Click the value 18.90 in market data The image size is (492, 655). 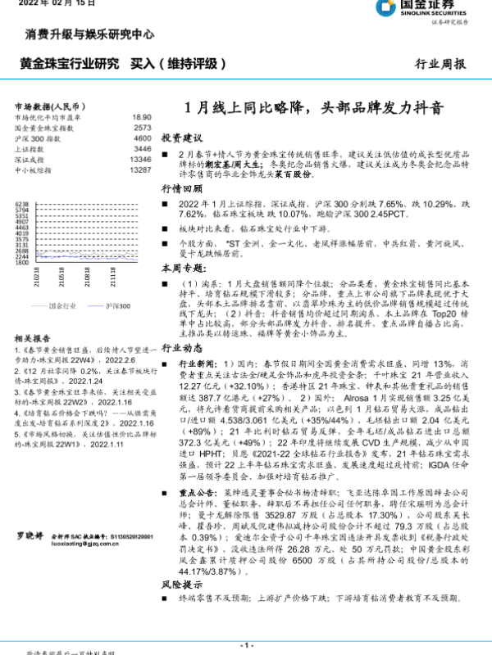click(141, 118)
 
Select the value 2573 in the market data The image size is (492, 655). click(141, 129)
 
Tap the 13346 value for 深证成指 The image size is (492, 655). click(139, 160)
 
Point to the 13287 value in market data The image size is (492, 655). click(139, 170)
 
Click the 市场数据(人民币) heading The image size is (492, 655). click(50, 106)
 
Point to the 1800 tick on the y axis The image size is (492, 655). click(22, 264)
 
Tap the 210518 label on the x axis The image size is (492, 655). click(63, 281)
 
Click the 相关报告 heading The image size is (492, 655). click(31, 337)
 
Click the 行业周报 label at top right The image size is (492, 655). click(440, 63)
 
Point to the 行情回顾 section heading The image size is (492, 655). click(181, 188)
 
